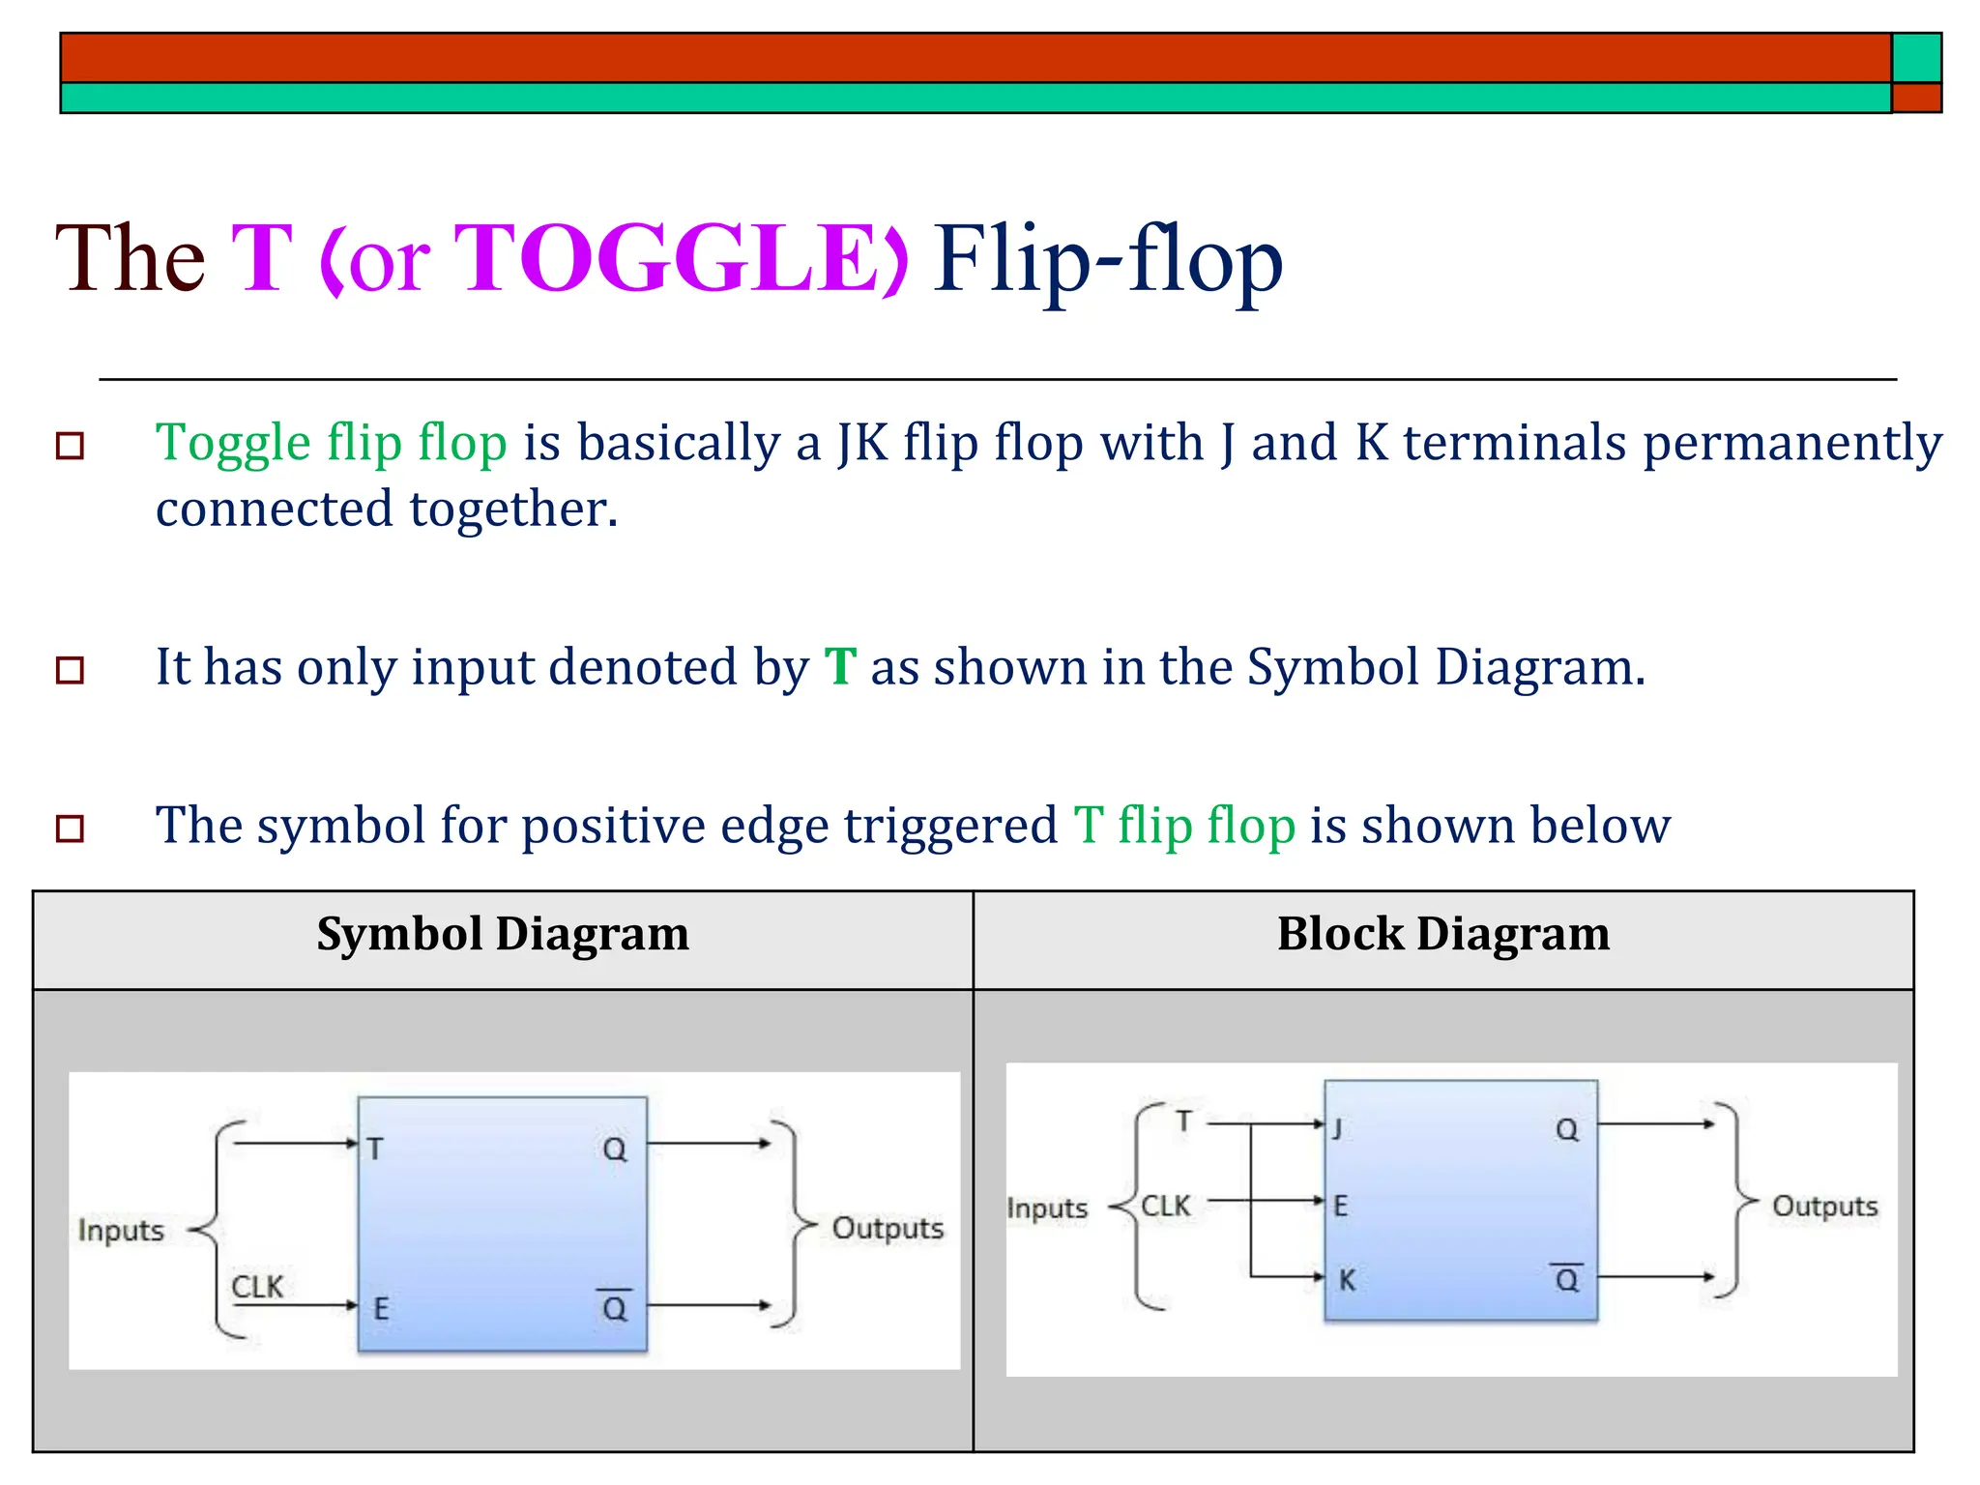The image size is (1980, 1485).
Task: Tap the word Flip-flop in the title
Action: tap(1108, 259)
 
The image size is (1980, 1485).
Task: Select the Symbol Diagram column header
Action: tap(503, 934)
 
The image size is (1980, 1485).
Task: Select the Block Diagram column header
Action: tap(1442, 934)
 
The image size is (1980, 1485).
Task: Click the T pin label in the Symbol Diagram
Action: tap(375, 1149)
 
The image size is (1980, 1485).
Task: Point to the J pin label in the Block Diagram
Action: tap(1337, 1128)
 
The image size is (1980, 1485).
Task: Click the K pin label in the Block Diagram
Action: tap(1347, 1280)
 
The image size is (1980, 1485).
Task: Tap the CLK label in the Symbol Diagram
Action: tap(257, 1287)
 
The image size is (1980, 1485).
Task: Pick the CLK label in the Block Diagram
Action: tap(1166, 1206)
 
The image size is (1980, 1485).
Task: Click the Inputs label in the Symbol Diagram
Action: tap(121, 1231)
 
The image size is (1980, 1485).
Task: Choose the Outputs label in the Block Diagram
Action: tap(1824, 1207)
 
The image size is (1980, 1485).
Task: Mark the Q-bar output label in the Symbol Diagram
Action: tap(614, 1307)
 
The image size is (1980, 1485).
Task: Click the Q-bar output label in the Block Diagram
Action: tap(1566, 1279)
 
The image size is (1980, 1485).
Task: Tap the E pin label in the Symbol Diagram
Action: tap(381, 1309)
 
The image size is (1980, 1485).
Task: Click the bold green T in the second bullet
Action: tap(840, 667)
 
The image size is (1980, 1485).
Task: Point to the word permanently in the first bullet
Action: tap(1792, 444)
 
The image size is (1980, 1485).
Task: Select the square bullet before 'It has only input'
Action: tap(71, 670)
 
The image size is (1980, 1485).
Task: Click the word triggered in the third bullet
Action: tap(950, 827)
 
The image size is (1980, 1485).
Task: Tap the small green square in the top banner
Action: tap(1916, 58)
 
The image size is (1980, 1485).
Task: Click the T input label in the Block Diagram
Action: tap(1184, 1121)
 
